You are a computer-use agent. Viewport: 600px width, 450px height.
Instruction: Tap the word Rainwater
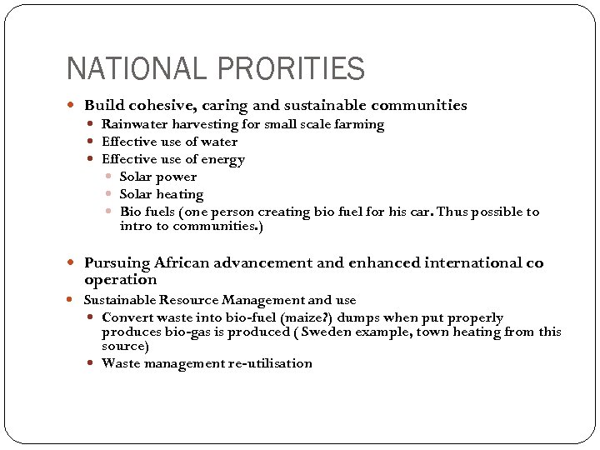point(135,124)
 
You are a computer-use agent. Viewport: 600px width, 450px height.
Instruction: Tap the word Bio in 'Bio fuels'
point(131,212)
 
